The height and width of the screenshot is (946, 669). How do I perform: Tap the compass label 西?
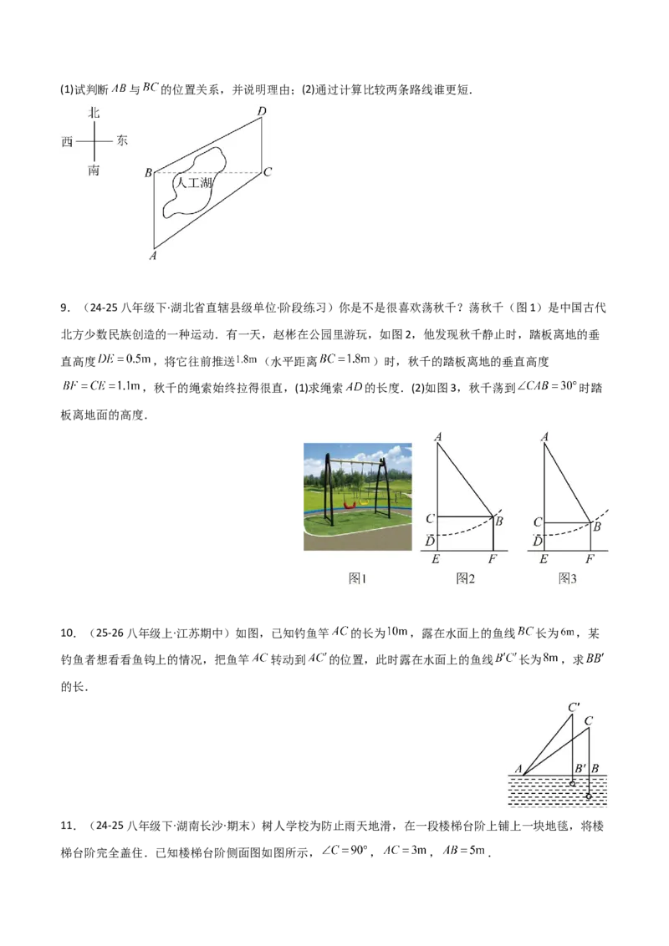68,142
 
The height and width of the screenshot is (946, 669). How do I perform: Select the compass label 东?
122,141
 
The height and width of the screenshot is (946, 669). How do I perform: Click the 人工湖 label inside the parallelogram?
192,181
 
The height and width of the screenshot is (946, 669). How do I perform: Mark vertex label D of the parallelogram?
262,112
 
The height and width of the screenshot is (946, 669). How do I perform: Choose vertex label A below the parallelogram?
153,256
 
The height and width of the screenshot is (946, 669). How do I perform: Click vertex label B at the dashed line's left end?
148,173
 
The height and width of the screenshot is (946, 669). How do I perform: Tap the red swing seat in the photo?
352,505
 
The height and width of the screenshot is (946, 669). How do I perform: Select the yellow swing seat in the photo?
365,502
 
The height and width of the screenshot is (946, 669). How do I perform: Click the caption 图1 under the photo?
357,578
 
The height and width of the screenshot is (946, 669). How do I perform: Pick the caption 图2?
466,578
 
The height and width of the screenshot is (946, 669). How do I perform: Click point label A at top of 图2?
438,436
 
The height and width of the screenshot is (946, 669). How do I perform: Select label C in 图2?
431,519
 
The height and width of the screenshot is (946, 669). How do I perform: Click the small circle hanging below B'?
572,785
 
